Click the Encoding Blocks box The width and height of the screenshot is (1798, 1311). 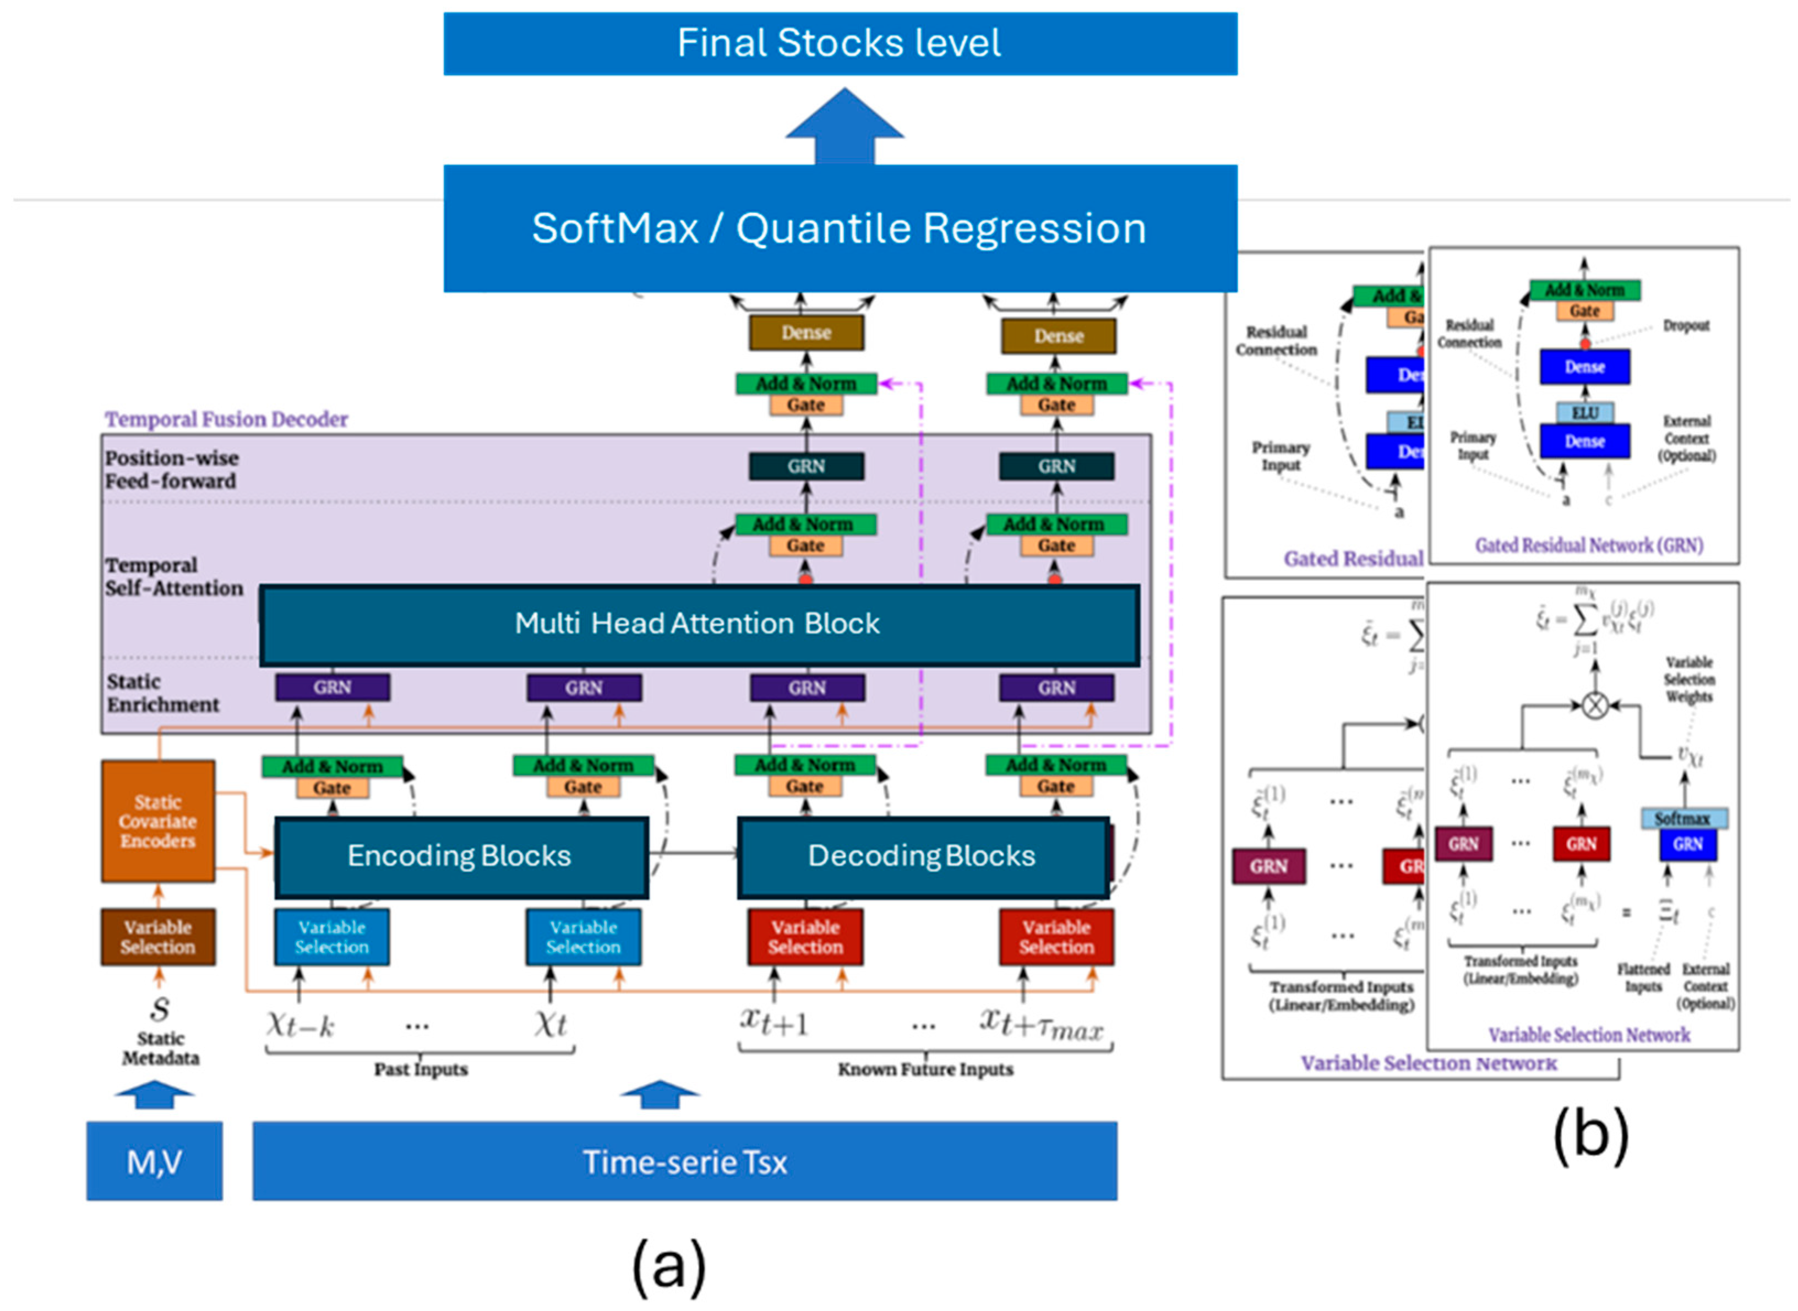[460, 856]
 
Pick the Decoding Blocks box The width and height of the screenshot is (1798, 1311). [923, 856]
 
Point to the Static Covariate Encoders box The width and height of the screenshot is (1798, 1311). [158, 821]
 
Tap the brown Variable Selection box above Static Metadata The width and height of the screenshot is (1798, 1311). [158, 937]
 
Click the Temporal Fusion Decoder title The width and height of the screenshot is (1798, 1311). [226, 419]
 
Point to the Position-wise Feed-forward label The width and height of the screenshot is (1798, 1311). [171, 470]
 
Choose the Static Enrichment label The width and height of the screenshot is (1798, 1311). [163, 693]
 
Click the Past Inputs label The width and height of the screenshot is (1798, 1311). [421, 1070]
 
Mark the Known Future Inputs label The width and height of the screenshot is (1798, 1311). [925, 1070]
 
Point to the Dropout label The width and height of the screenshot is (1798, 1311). [1686, 325]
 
